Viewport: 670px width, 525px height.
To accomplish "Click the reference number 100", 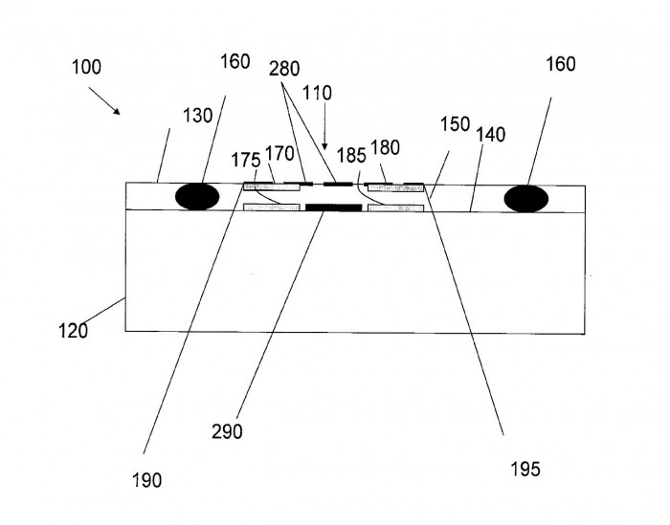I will (85, 68).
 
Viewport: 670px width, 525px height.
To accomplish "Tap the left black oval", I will (197, 196).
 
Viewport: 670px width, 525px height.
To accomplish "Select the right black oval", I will (526, 197).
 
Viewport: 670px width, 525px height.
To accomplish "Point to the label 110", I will (316, 94).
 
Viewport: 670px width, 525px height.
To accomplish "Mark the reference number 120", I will (73, 331).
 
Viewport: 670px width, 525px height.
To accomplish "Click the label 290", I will (229, 431).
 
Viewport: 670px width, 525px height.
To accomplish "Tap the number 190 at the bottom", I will (148, 479).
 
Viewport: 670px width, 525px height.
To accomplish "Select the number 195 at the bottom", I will (525, 469).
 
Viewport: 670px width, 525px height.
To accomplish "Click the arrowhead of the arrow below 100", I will (119, 112).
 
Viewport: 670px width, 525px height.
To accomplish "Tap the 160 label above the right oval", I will (561, 64).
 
